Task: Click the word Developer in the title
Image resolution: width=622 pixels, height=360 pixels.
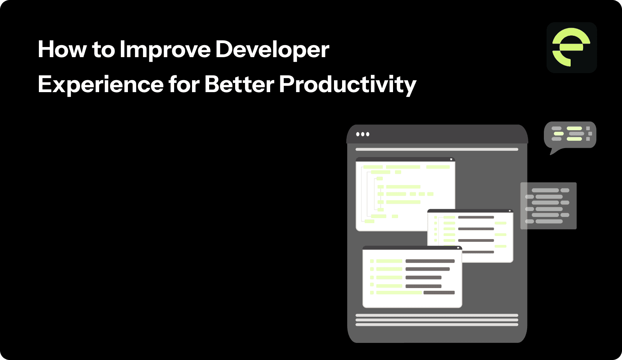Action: coord(272,50)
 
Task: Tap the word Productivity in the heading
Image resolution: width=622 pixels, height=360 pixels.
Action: coord(348,85)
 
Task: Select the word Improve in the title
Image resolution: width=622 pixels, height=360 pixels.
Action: coord(165,50)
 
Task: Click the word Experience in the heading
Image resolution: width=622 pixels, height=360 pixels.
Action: coord(101,85)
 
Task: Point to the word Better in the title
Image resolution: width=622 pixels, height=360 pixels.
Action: coord(239,85)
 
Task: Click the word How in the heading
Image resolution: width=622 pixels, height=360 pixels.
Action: coord(62,50)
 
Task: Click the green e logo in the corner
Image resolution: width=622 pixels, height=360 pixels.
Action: coord(571,47)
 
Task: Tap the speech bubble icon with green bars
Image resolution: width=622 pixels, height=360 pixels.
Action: coord(570,134)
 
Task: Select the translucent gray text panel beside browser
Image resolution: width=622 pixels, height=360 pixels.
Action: coord(548,206)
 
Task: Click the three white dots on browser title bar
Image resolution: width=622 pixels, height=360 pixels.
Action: coord(363,134)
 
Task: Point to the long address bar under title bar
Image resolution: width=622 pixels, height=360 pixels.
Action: coord(437,149)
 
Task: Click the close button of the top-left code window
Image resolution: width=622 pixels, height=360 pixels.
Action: coord(451,159)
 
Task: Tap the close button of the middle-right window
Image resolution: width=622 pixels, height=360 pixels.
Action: coord(509,211)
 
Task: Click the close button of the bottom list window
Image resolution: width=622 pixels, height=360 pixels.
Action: coord(458,248)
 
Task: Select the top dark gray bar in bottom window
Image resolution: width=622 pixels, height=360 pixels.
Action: coord(430,261)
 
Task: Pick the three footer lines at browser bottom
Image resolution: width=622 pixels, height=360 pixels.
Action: coord(437,320)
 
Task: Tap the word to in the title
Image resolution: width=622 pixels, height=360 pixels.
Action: coord(103,50)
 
